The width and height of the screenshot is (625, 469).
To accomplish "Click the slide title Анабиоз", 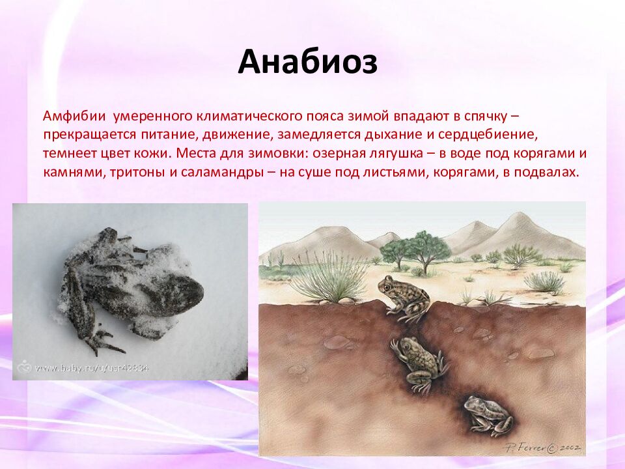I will [307, 63].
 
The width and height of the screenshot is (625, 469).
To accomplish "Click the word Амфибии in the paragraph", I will [75, 117].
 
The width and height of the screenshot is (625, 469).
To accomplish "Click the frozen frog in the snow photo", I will [130, 287].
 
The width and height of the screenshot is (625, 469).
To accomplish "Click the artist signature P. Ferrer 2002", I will [544, 448].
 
